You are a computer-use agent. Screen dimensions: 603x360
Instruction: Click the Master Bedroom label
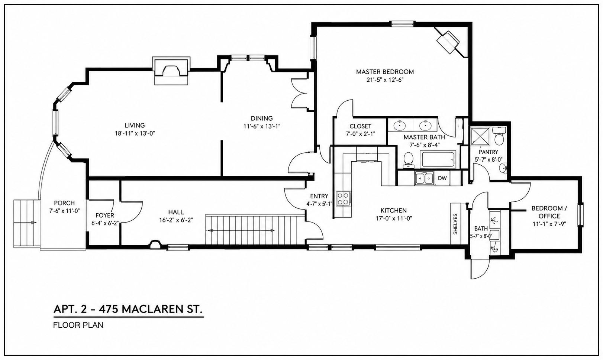(x=385, y=72)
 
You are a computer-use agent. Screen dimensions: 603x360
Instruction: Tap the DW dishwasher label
(x=442, y=178)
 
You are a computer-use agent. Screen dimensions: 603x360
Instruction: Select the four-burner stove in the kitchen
(x=343, y=198)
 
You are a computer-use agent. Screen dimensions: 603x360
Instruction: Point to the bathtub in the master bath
(x=439, y=159)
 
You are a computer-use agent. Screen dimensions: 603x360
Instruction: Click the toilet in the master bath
(x=409, y=160)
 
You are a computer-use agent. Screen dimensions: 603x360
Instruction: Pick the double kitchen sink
(x=424, y=178)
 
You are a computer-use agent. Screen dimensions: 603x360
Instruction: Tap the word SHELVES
(x=455, y=224)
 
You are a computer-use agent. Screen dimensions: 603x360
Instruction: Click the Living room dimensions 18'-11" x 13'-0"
(x=135, y=133)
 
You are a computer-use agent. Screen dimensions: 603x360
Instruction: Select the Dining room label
(x=262, y=119)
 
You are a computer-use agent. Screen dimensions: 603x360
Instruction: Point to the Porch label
(x=64, y=203)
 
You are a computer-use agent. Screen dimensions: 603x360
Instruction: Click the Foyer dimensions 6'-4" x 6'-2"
(x=105, y=223)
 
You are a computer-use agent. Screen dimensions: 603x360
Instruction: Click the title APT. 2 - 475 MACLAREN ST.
(x=128, y=309)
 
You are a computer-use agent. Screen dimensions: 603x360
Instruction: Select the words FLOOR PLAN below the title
(x=78, y=325)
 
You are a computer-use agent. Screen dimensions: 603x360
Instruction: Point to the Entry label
(x=319, y=196)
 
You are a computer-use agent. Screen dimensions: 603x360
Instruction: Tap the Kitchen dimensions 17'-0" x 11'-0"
(x=394, y=218)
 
